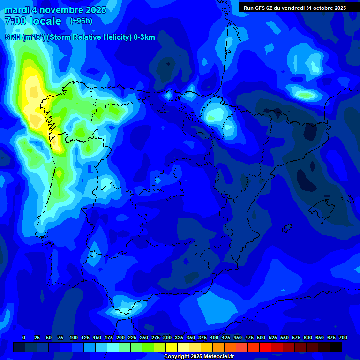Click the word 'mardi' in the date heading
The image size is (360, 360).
tap(16, 10)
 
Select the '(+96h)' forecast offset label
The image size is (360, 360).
tap(81, 21)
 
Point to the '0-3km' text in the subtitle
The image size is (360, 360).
tap(144, 37)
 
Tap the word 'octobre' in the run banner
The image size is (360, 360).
tap(320, 8)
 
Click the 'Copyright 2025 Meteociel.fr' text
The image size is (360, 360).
tap(198, 357)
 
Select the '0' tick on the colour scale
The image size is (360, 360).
tap(24, 337)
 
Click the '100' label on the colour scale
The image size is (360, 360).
tap(74, 337)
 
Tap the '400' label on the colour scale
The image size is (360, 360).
tap(214, 337)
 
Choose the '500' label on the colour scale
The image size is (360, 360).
tap(261, 337)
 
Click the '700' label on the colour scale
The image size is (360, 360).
tap(343, 337)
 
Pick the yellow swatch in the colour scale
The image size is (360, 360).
tap(172, 347)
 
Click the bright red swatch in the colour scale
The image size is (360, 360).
tap(265, 347)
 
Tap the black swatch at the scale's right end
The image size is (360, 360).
tap(336, 347)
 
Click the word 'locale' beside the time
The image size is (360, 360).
tap(45, 21)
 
